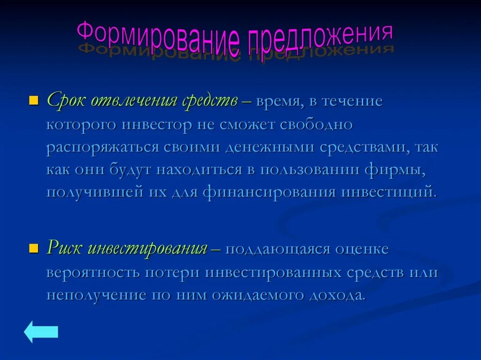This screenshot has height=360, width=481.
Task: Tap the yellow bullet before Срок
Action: point(33,101)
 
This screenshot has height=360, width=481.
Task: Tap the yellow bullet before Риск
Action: point(33,248)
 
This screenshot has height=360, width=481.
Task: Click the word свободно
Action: point(316,125)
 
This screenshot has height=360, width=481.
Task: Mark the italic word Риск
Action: point(65,249)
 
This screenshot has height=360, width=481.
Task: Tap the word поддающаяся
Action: point(278,249)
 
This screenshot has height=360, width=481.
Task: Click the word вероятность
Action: point(93,273)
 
